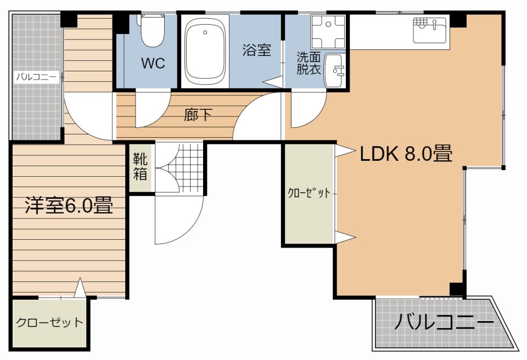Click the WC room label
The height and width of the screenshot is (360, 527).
coord(153,63)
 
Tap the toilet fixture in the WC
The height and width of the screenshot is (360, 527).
coord(153,31)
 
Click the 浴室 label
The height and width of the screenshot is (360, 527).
coord(257,50)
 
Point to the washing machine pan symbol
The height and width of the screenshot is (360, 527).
coord(328,32)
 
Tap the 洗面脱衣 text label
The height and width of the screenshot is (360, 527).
coord(309,64)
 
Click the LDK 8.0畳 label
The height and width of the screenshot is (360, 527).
coord(406,154)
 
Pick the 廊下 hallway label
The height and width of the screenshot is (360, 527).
coord(198,115)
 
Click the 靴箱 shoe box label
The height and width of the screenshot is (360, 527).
coord(141,166)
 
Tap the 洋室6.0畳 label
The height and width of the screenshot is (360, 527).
coord(69,205)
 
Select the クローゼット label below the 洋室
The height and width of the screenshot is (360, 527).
coord(50,322)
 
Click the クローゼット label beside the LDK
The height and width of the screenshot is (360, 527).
coord(309,193)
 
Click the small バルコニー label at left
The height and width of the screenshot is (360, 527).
coord(36,77)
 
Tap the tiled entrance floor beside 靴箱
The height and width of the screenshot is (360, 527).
coord(180,168)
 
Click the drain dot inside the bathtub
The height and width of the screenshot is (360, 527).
coord(205,32)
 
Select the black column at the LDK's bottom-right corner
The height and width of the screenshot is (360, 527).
coord(458,290)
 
